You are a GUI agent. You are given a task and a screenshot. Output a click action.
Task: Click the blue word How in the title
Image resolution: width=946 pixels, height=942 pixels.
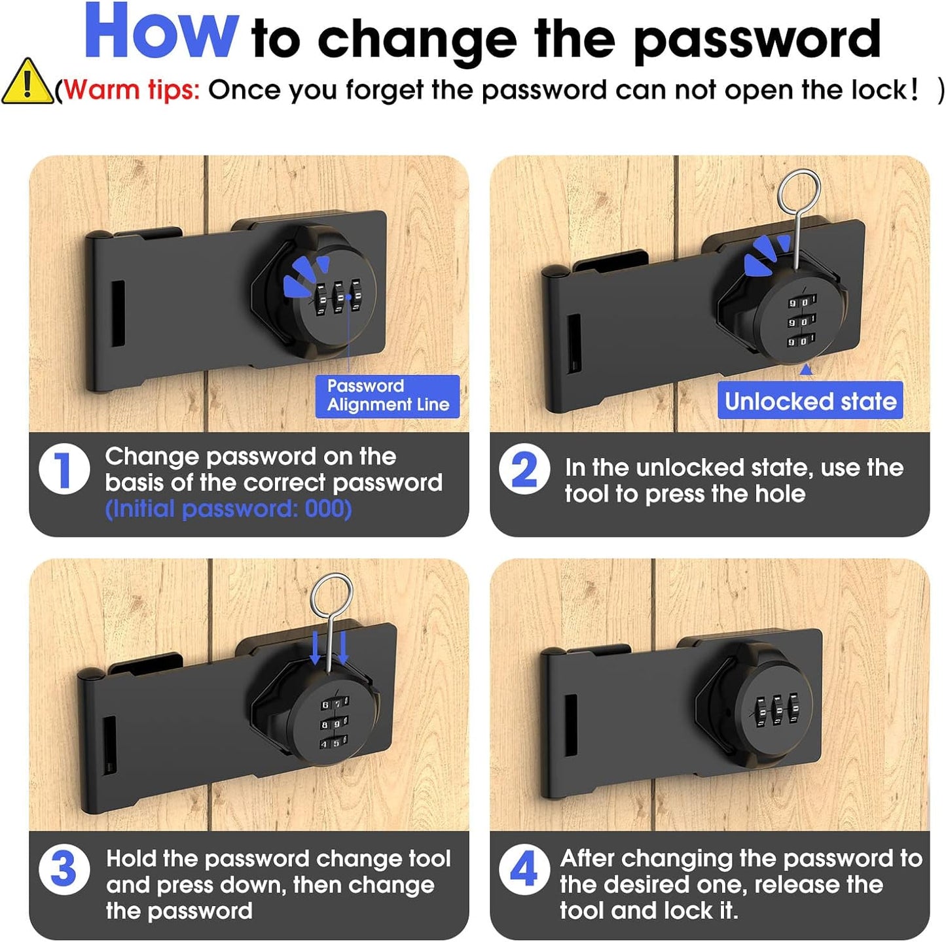click(x=161, y=33)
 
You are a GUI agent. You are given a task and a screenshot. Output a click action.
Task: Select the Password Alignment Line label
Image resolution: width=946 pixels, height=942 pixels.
click(x=388, y=396)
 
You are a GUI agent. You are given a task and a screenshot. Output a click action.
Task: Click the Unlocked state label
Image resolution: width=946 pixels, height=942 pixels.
click(x=810, y=400)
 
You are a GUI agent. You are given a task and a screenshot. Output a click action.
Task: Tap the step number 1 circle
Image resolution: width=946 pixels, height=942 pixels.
click(x=64, y=469)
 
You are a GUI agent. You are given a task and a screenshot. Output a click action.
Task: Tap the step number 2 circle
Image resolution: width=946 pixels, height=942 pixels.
click(x=524, y=469)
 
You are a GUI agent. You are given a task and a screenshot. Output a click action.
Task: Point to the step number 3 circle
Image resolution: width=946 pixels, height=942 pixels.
click(x=64, y=869)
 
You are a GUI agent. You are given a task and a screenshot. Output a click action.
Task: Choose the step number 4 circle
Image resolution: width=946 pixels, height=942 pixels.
click(x=524, y=869)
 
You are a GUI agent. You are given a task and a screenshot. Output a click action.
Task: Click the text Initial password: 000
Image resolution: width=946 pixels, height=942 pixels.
click(x=228, y=509)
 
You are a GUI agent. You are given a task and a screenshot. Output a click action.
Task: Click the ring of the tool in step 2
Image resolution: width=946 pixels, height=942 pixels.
click(x=799, y=191)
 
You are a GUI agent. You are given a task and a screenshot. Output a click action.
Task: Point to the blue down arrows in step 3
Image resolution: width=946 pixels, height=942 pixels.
click(x=329, y=648)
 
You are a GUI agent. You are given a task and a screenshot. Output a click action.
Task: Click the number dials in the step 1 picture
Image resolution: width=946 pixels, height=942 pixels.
click(x=338, y=298)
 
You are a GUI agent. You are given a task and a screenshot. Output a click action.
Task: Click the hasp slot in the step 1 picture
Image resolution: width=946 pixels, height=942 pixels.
click(x=118, y=314)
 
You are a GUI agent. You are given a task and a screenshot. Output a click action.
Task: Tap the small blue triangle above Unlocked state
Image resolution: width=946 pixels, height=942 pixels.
click(x=807, y=370)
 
